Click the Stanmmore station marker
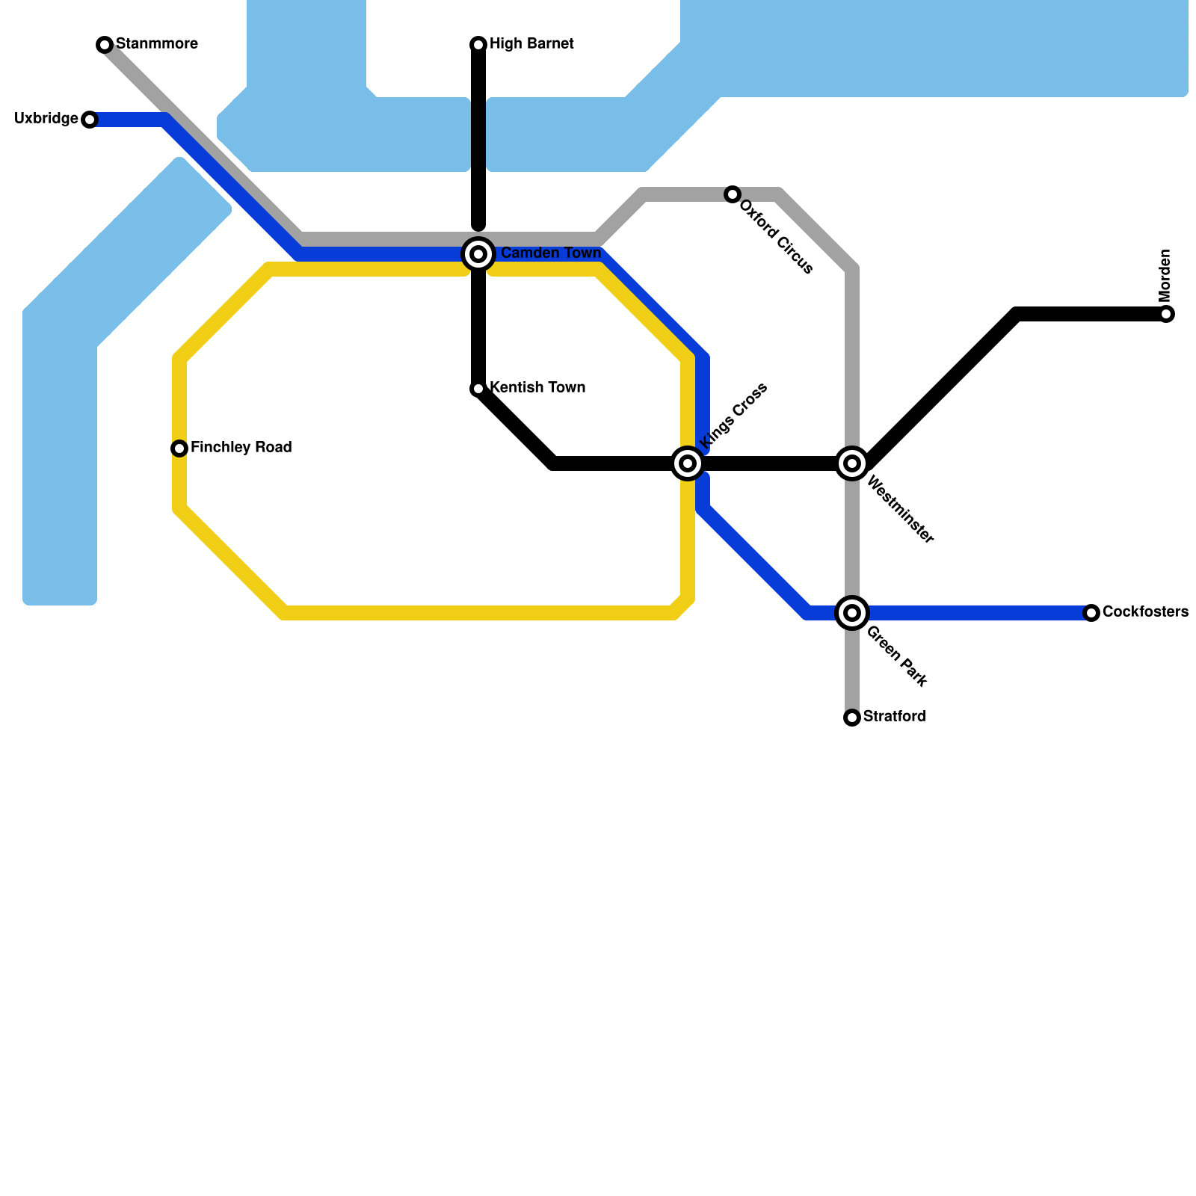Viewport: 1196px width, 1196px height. point(105,45)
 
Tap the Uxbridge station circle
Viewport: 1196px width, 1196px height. point(90,120)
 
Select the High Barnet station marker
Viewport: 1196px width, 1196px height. point(478,45)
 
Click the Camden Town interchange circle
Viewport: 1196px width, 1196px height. point(478,254)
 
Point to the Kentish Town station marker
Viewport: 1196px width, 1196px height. point(478,389)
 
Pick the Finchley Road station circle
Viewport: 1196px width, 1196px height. point(179,449)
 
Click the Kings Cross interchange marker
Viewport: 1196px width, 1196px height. point(688,463)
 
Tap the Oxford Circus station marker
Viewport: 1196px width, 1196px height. point(733,194)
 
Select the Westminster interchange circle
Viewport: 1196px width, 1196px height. point(852,463)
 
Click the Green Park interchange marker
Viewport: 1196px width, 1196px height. point(852,613)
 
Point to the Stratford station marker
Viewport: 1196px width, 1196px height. point(852,718)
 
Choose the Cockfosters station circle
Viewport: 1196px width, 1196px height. point(1091,613)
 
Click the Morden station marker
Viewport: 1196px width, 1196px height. point(1166,314)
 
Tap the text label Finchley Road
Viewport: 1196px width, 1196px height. point(241,448)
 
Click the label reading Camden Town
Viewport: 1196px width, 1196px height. point(551,253)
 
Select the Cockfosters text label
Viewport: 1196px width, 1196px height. point(1145,612)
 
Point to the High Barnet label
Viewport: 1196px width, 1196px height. point(531,44)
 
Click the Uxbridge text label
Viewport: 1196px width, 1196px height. point(46,119)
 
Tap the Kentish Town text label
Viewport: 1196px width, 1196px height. point(537,388)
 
